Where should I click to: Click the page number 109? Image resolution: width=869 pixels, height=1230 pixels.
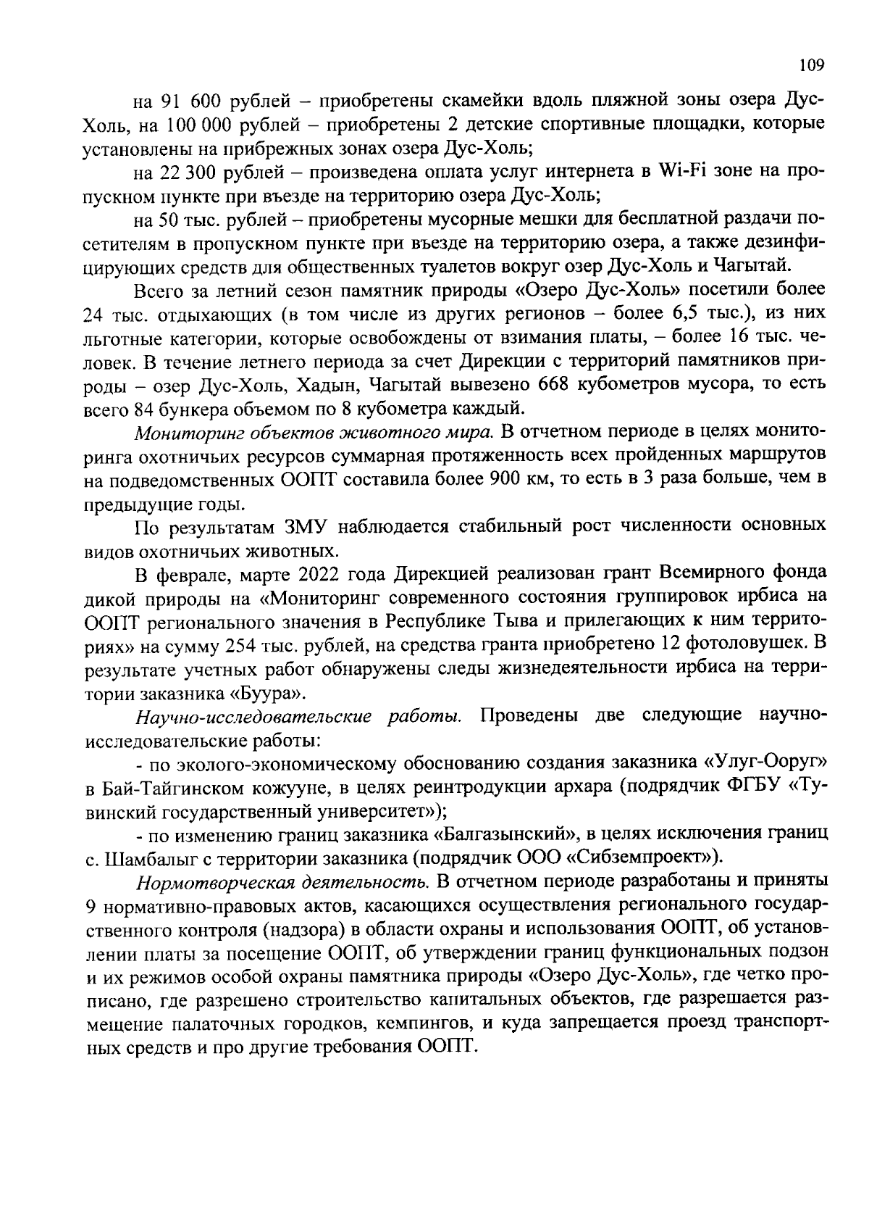click(811, 66)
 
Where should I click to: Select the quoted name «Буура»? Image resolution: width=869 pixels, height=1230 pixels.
click(267, 692)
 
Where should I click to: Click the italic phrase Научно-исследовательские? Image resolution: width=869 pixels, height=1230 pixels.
click(253, 716)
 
